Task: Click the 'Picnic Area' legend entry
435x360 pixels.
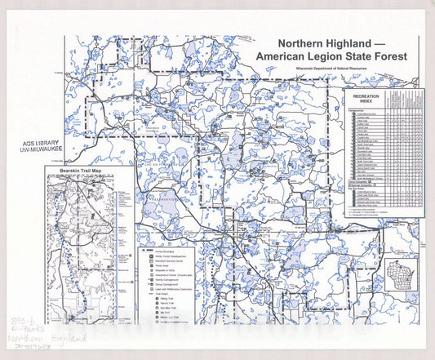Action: click(162, 265)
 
